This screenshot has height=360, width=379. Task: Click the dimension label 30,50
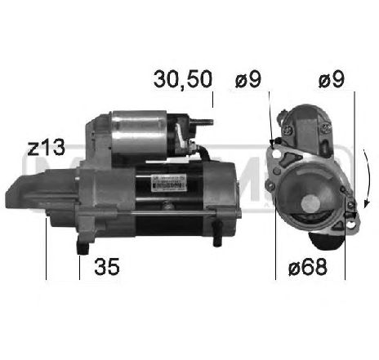point(182,79)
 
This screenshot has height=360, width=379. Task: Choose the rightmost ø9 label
point(332,79)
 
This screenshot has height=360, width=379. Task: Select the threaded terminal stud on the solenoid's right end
point(207,125)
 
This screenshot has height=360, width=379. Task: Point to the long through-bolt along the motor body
point(155,215)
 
